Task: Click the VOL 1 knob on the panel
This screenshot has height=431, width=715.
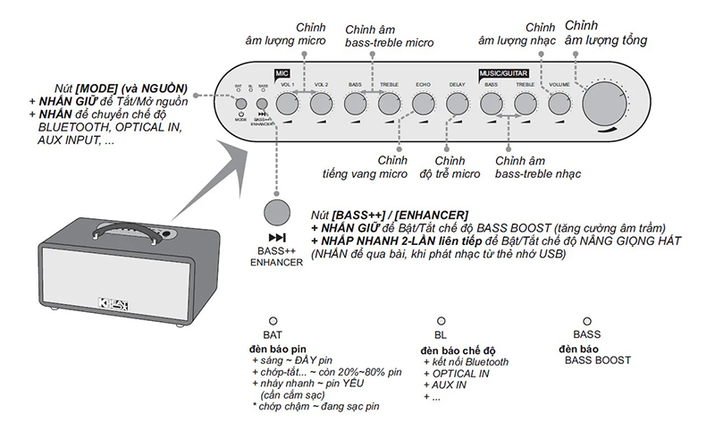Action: (288, 105)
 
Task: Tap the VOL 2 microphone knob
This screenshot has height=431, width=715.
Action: (322, 105)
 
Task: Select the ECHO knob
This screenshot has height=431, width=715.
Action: (423, 105)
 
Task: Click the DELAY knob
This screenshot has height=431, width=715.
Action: (457, 105)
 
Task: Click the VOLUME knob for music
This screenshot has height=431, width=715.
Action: (559, 105)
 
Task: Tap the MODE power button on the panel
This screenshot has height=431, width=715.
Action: (239, 103)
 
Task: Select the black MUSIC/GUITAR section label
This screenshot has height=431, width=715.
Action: (502, 72)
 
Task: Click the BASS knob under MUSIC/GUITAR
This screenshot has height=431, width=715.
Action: (491, 105)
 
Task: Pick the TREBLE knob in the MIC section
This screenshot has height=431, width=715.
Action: (389, 105)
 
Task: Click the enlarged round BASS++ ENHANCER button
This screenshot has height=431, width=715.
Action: (277, 213)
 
